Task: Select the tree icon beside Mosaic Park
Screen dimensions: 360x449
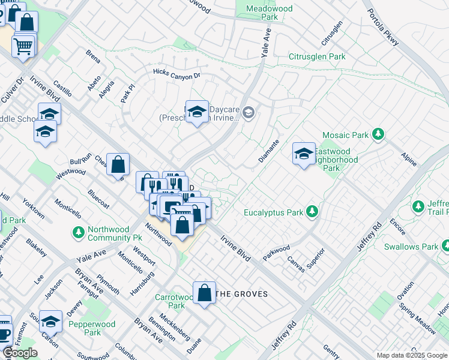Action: (x=378, y=134)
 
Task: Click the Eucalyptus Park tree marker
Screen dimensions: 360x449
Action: (x=312, y=211)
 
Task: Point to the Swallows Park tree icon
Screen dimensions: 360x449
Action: (x=445, y=245)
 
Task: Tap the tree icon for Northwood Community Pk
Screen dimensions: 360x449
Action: (x=78, y=232)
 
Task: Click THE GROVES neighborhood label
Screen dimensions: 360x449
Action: (x=241, y=294)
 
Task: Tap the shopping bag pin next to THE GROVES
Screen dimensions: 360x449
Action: (x=205, y=293)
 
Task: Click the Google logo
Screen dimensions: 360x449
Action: (x=20, y=353)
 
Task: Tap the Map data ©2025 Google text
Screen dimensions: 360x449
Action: (x=411, y=355)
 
